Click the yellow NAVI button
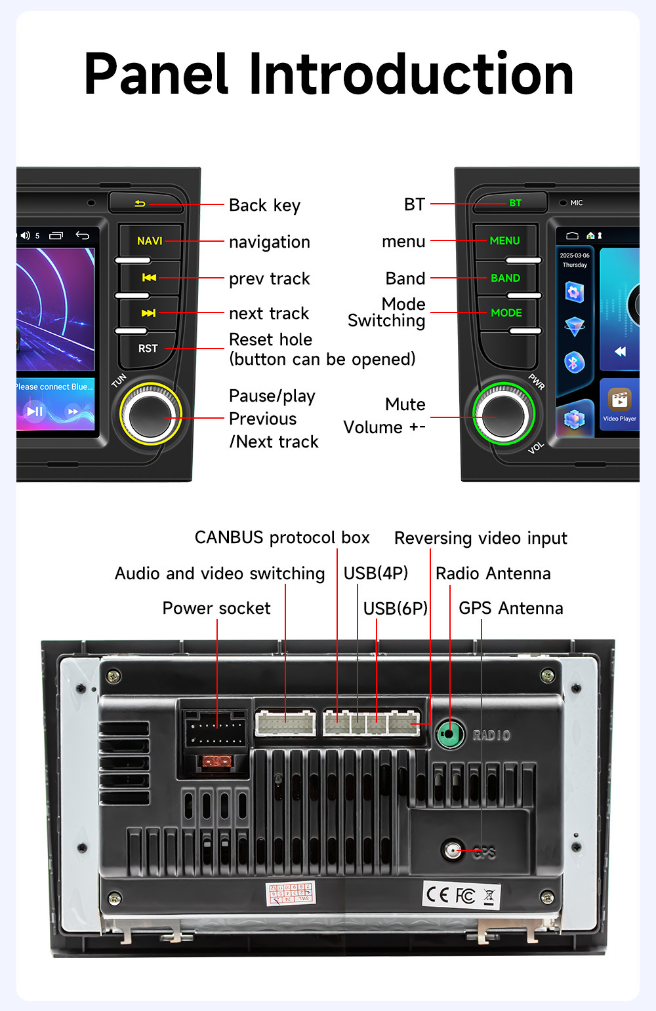point(150,241)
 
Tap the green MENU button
point(504,241)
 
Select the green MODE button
point(506,313)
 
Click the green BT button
point(515,203)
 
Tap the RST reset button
point(148,349)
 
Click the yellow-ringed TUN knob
point(150,415)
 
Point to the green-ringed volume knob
point(503,413)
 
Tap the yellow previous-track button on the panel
point(149,278)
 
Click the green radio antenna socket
point(449,734)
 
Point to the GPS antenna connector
point(452,850)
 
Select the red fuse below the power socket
point(213,761)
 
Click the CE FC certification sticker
point(461,895)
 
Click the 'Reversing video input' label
point(480,538)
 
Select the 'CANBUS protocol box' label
point(282,538)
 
